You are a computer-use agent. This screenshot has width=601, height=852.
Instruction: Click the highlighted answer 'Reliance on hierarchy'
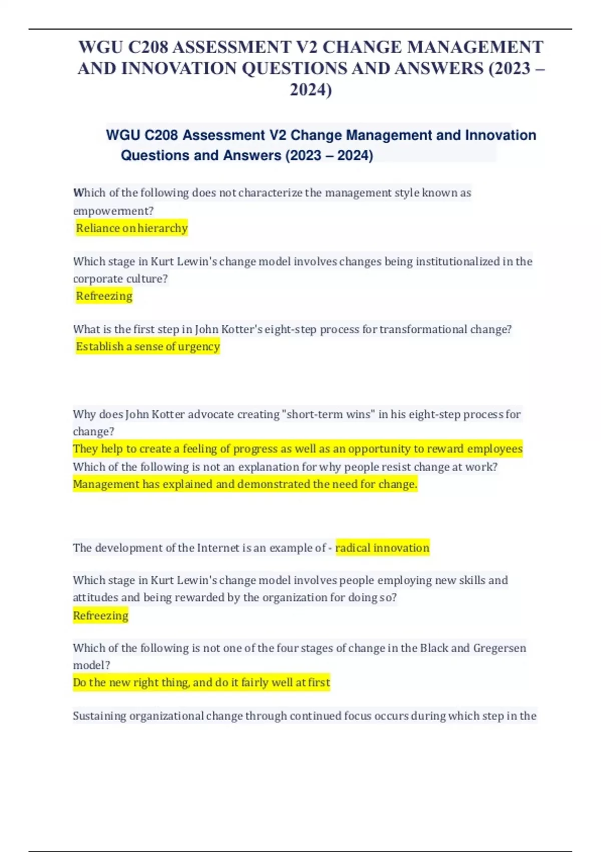[132, 228]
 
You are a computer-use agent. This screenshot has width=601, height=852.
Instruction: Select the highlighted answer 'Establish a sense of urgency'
[148, 346]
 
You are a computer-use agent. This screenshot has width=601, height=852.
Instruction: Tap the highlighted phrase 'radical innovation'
[382, 548]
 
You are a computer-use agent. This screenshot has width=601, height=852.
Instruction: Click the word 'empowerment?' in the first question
[113, 211]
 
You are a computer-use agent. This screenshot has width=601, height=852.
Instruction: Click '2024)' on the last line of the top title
[311, 90]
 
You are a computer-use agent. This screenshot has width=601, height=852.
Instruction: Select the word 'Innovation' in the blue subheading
[500, 135]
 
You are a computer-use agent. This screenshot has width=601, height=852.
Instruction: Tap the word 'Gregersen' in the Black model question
[499, 648]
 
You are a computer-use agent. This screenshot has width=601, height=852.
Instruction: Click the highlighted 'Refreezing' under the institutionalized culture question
[104, 296]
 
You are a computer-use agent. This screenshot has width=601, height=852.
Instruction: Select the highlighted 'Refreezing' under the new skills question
[101, 615]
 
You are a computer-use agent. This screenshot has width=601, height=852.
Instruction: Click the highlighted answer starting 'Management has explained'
[245, 484]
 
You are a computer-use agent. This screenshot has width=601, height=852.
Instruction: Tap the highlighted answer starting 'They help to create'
[297, 449]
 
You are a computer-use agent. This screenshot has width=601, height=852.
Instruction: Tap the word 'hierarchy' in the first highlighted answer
[162, 228]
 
